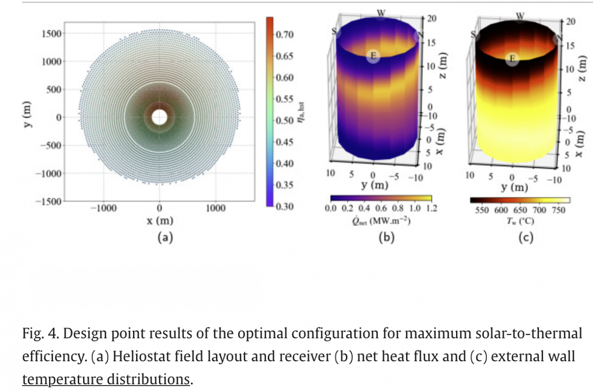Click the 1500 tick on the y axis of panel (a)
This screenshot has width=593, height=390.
52,34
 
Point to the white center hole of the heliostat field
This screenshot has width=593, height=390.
159,117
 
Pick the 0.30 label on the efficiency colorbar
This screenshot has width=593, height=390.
284,207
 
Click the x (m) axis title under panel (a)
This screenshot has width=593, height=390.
159,221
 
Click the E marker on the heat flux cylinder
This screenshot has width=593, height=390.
372,57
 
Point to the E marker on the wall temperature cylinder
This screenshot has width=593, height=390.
512,58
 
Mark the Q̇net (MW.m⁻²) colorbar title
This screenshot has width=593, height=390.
381,220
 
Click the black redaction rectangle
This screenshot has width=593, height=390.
138,287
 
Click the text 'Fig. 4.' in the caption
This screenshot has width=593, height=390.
38,334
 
